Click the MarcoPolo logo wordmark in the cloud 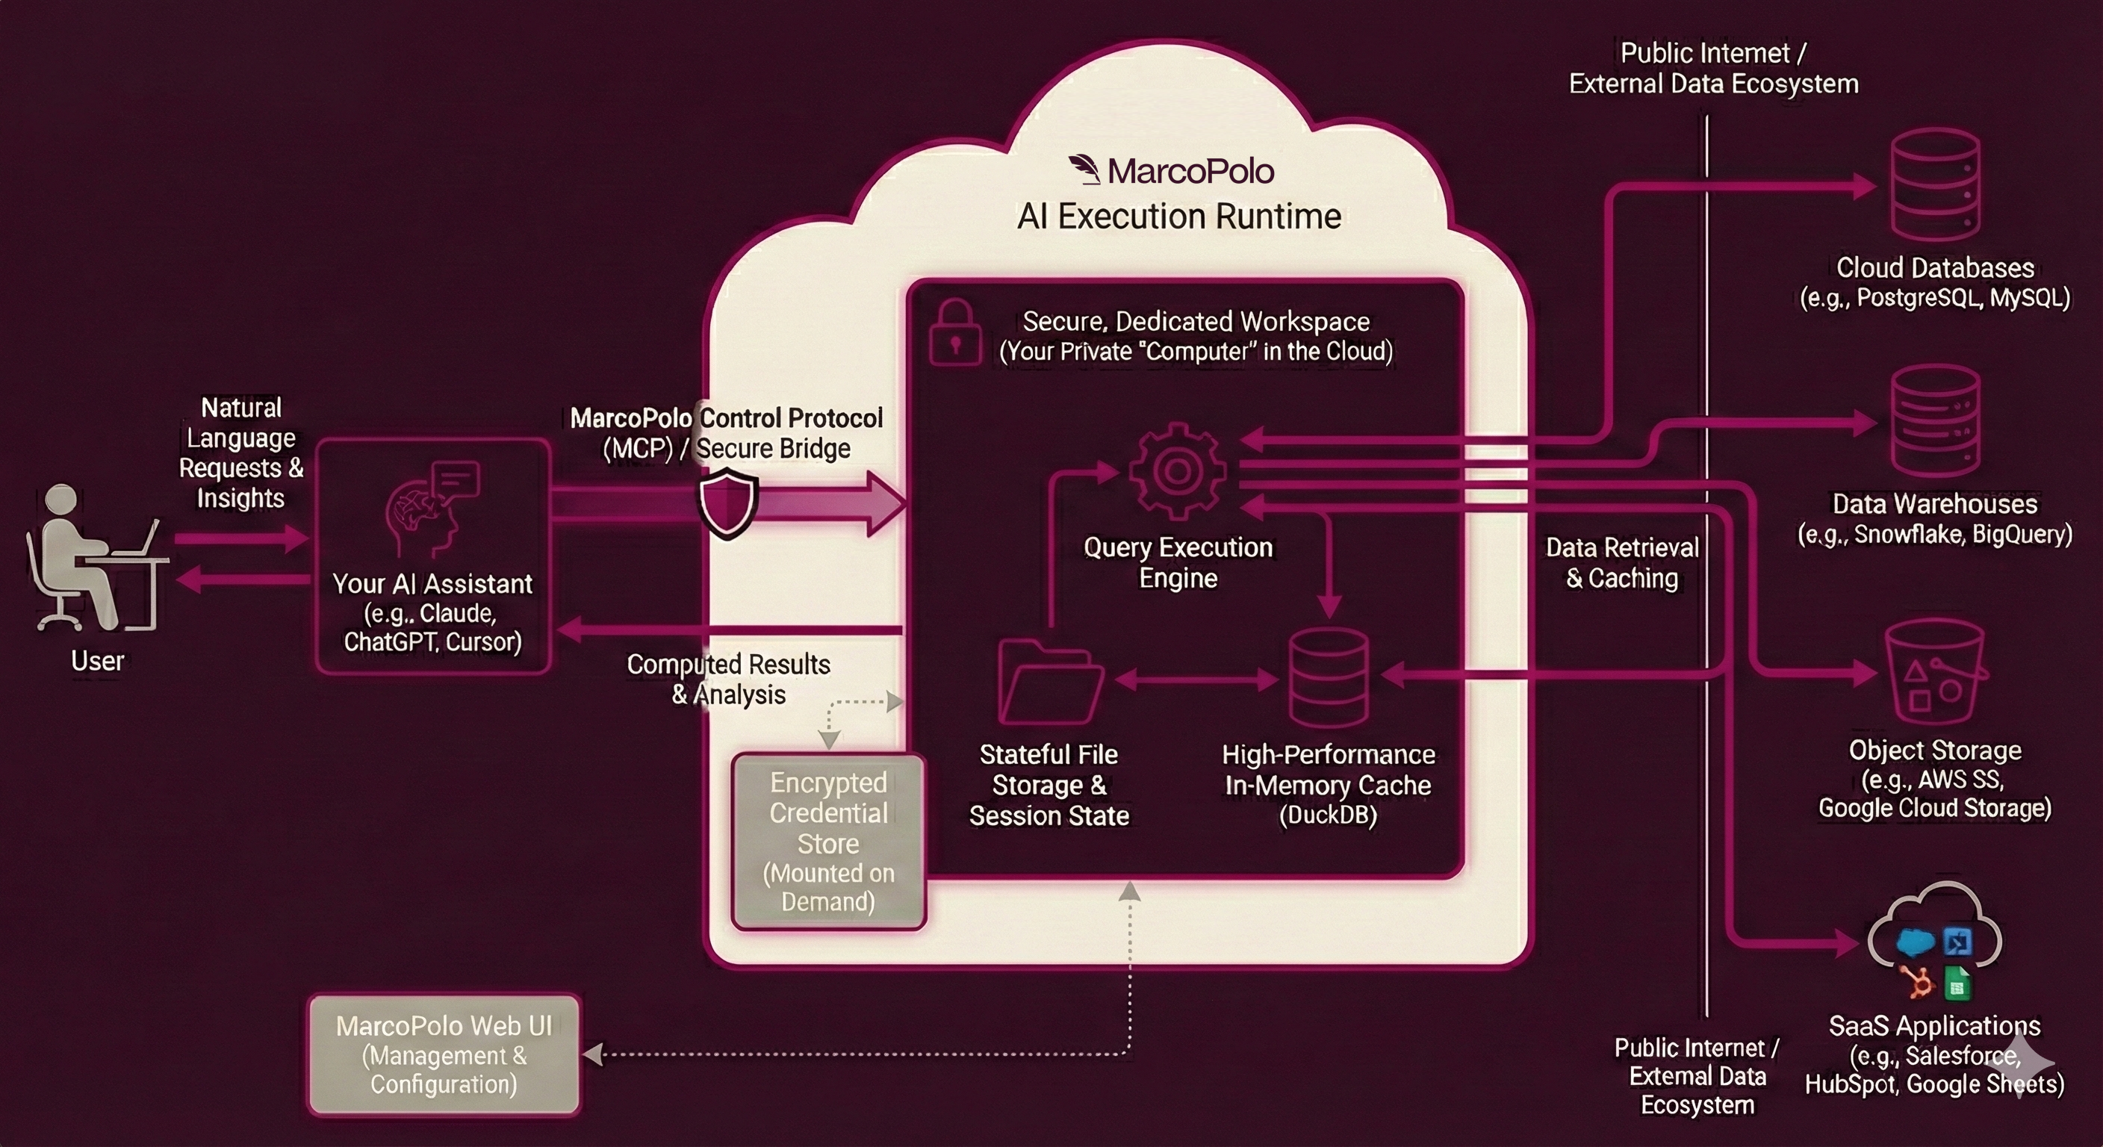pos(1172,170)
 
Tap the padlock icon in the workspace pos(954,332)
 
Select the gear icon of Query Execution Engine pos(1177,471)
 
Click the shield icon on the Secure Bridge pos(728,501)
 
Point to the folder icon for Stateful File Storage pos(1050,681)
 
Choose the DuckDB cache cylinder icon pos(1329,677)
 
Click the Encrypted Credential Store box pos(829,842)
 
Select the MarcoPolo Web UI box pos(444,1054)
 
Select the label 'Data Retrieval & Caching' pos(1621,562)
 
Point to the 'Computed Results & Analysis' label pos(728,680)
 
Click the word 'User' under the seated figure pos(97,660)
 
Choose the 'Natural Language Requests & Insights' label pos(240,453)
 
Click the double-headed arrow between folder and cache pos(1195,680)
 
